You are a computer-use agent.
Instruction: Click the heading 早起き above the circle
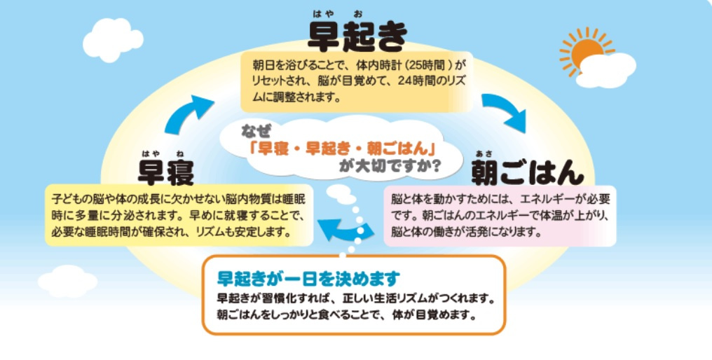(357, 36)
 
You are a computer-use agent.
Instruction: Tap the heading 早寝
(166, 173)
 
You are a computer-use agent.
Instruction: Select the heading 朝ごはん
(527, 172)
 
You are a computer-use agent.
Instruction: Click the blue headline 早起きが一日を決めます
(308, 278)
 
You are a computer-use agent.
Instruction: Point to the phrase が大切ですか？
(389, 167)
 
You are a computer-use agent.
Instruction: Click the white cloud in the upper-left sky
(113, 40)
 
